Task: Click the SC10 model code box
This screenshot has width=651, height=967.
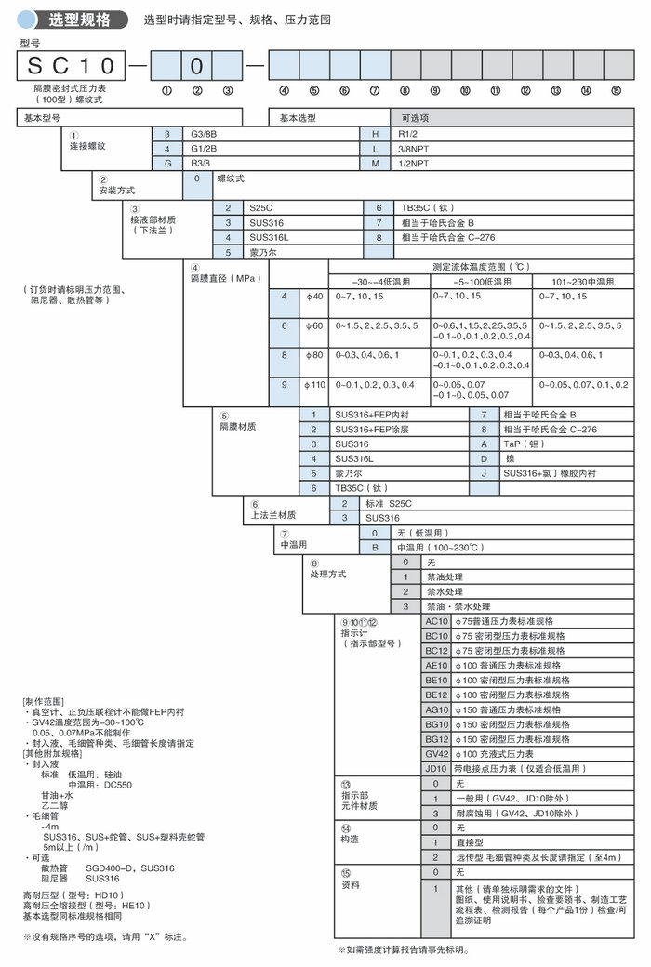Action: pyautogui.click(x=70, y=65)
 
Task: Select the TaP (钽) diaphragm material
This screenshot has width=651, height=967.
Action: pyautogui.click(x=526, y=444)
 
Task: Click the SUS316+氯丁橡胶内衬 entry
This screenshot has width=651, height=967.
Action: pyautogui.click(x=550, y=472)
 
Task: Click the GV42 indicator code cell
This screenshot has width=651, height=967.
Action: pyautogui.click(x=436, y=753)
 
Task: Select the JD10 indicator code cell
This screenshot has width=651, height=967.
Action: pyautogui.click(x=436, y=769)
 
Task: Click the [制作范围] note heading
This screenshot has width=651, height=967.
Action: pyautogui.click(x=44, y=699)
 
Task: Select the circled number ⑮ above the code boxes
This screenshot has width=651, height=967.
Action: pyautogui.click(x=616, y=90)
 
